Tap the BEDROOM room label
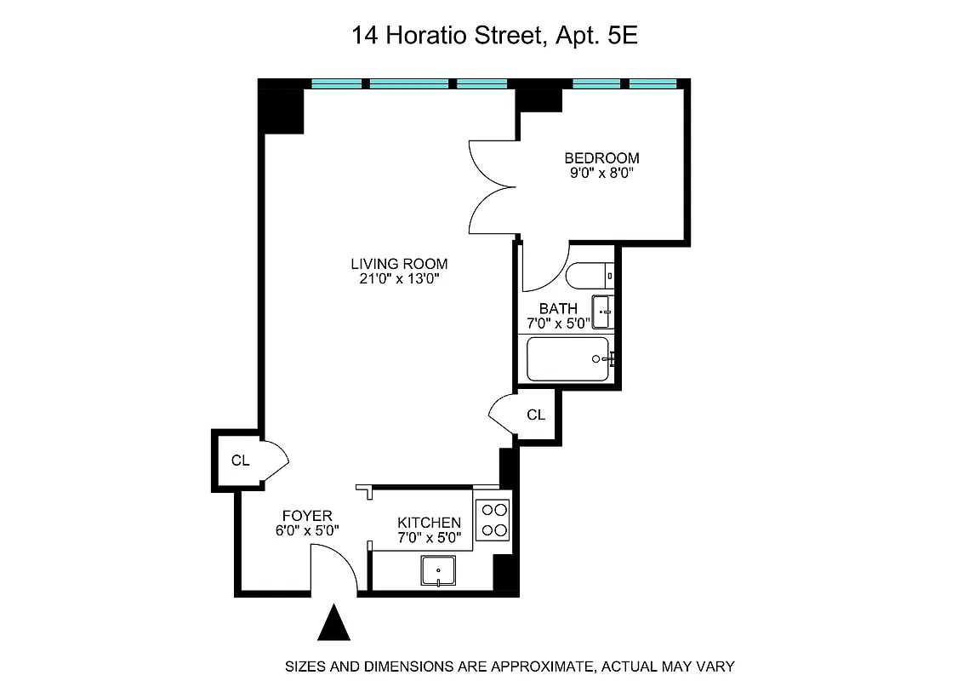point(601,158)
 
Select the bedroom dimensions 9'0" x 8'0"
point(601,174)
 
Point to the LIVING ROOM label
point(399,264)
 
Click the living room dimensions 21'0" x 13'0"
point(399,279)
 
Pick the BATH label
point(558,308)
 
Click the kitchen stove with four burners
point(493,520)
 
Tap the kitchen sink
point(438,571)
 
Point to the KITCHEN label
point(430,523)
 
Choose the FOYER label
point(307,516)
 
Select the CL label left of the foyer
point(241,461)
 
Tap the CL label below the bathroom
point(535,415)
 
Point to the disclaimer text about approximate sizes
point(509,667)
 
